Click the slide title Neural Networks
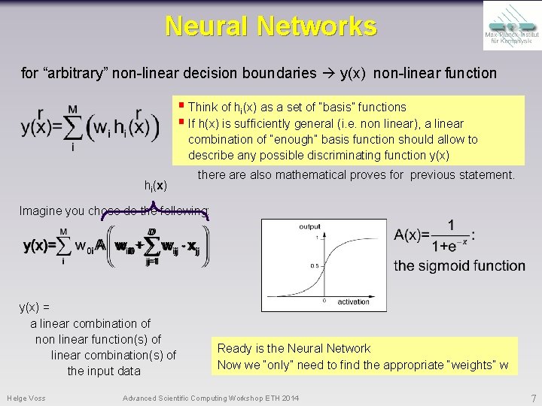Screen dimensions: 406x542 click(x=271, y=26)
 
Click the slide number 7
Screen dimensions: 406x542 click(x=533, y=397)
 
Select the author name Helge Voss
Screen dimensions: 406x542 click(x=26, y=397)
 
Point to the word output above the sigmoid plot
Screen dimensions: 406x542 click(x=309, y=226)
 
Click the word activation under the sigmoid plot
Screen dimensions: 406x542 click(x=353, y=301)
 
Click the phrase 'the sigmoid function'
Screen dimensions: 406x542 click(x=459, y=265)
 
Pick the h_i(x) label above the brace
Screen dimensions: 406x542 click(x=155, y=185)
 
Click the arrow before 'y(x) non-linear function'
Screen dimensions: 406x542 click(x=328, y=74)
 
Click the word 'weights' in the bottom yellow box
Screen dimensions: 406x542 click(x=470, y=365)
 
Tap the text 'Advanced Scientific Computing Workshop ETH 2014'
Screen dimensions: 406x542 click(x=210, y=397)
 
